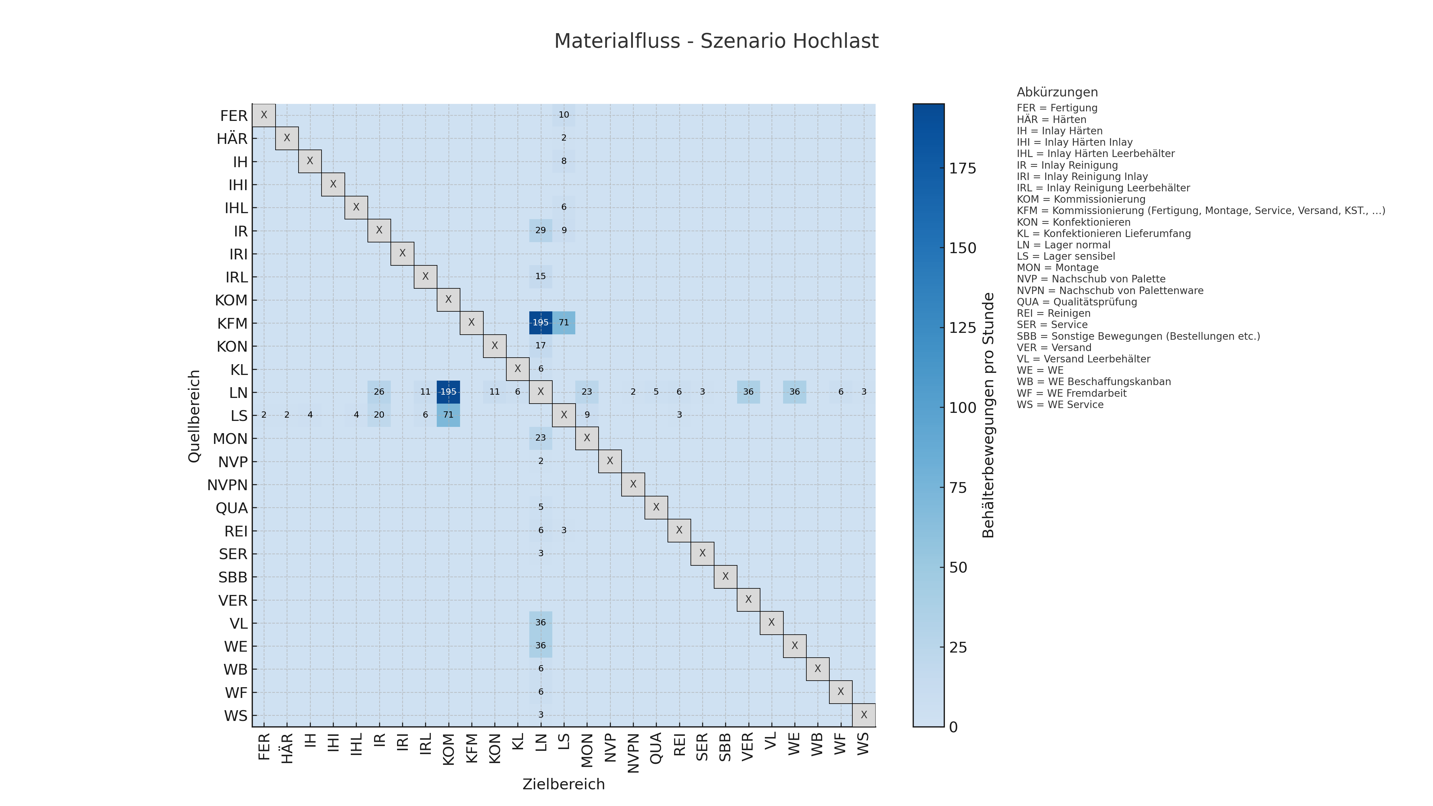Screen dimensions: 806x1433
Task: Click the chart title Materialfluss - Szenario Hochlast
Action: (716, 41)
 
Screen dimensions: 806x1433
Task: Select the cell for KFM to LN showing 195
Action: (540, 323)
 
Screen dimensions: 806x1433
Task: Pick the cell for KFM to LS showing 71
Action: (564, 323)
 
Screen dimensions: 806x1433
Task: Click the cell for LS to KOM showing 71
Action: (448, 415)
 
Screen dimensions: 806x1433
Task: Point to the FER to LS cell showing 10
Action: (564, 115)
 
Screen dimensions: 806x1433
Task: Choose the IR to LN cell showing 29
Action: (540, 230)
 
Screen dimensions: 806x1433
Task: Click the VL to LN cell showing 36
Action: (540, 622)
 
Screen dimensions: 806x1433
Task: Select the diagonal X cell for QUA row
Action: (656, 507)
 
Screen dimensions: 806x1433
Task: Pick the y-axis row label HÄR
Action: (232, 139)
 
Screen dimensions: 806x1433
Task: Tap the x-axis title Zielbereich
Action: (563, 784)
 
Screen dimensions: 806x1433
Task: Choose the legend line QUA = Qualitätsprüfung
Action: (1077, 302)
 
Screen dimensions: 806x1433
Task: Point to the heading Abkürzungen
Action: (1057, 92)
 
